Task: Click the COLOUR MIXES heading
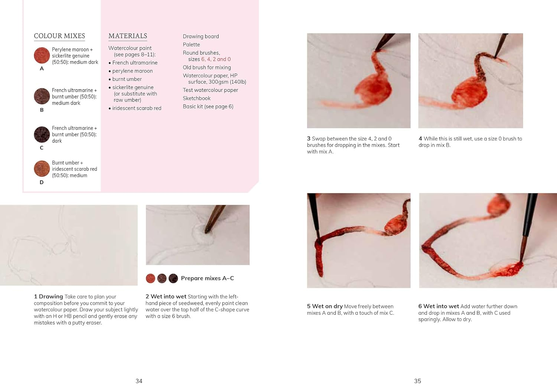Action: (59, 36)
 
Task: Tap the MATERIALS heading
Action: (128, 36)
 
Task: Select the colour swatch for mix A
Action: (42, 55)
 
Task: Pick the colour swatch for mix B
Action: (42, 96)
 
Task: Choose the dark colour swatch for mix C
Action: (42, 134)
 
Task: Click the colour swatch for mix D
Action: (42, 169)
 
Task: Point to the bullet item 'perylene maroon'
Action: (131, 71)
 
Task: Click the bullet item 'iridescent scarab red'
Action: (135, 108)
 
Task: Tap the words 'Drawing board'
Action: (201, 36)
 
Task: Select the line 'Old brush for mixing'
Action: (207, 67)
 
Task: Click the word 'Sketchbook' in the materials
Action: (197, 98)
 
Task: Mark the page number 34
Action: (139, 381)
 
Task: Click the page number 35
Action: (417, 381)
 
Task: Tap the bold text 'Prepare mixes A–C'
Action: (207, 278)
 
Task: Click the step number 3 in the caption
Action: (309, 138)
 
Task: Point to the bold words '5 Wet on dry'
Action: (325, 306)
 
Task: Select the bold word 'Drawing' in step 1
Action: (51, 297)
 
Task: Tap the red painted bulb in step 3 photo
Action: (373, 90)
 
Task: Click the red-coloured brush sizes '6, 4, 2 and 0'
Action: (216, 59)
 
